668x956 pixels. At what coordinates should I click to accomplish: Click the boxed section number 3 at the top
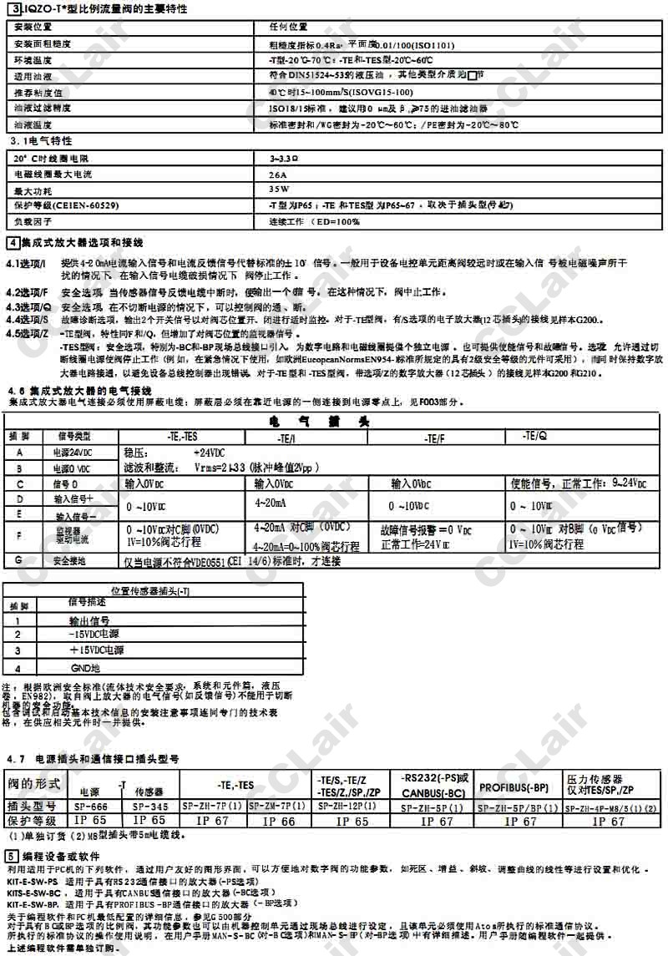pos(11,8)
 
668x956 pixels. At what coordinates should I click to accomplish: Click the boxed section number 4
pos(11,243)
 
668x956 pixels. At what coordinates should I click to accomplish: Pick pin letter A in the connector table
pos(18,451)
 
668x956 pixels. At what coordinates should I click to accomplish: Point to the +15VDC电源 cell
pos(96,650)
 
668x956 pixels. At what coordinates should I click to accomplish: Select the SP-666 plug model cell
pos(92,807)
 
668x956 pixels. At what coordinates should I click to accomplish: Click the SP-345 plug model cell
pos(150,807)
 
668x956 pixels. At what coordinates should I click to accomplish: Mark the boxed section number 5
pos(11,857)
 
